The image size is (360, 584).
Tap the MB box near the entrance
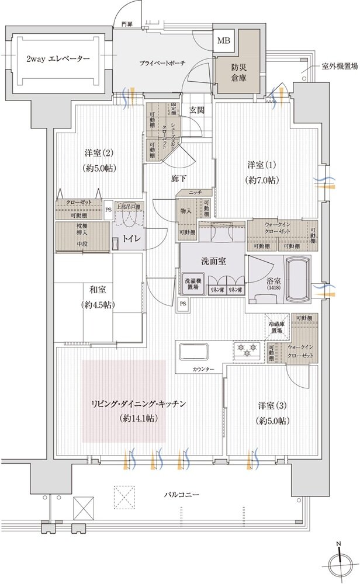coord(224,40)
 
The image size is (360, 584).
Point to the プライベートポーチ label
coord(162,62)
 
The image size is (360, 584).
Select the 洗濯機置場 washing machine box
coord(194,285)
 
